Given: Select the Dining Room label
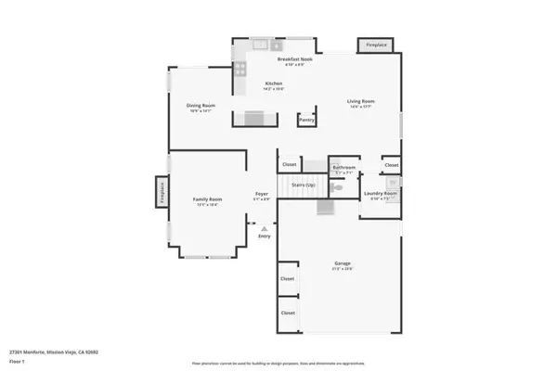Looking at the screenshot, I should (x=201, y=106).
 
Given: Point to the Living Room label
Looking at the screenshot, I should (x=360, y=102).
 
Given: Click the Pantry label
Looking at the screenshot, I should (x=306, y=120).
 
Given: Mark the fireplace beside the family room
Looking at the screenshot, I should (x=160, y=192).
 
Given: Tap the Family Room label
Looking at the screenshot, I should (x=209, y=201).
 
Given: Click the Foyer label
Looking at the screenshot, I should (x=262, y=196).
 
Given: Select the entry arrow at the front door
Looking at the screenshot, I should (x=264, y=227).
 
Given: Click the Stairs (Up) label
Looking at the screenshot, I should (x=304, y=186).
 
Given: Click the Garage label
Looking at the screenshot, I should (x=343, y=264).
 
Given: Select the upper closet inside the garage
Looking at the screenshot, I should (x=288, y=278).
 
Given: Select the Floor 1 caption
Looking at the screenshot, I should (x=17, y=361).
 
